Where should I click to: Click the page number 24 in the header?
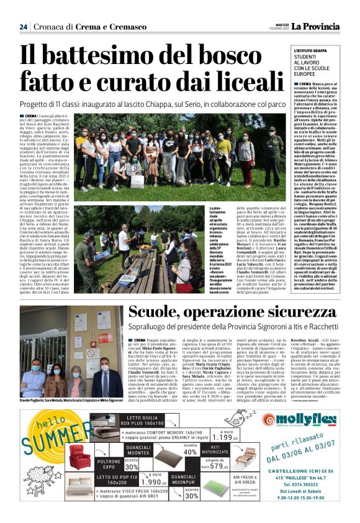click(x=24, y=26)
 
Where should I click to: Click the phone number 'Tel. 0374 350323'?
click(x=307, y=501)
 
